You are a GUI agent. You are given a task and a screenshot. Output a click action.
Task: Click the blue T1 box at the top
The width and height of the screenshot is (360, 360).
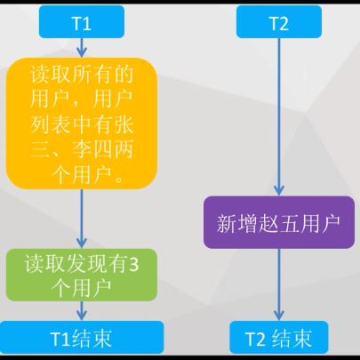coord(82,22)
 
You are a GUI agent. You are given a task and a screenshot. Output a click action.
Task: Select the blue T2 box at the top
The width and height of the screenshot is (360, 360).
coord(279,22)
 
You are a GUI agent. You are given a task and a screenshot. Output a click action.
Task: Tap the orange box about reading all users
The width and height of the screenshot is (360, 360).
coord(82,124)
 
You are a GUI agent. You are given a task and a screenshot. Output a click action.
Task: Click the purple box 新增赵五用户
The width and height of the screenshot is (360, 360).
coord(279,222)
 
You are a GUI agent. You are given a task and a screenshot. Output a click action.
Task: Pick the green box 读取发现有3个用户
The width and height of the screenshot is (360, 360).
coord(82,275)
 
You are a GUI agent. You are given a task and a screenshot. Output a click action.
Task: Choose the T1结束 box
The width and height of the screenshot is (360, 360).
coord(82,337)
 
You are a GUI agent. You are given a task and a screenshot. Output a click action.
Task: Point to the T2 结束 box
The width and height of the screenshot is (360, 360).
coord(279,337)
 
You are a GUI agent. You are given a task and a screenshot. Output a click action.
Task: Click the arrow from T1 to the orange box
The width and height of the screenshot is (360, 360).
coord(82,48)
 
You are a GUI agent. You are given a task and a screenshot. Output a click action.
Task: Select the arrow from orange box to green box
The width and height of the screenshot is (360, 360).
coord(82,219)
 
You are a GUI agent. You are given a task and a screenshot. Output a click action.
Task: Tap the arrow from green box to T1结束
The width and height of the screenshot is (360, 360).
coord(82,311)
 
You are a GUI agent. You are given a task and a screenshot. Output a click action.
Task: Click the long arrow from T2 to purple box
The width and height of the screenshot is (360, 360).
coord(279,117)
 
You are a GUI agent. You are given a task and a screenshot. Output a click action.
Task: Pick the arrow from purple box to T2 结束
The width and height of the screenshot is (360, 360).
coord(279,284)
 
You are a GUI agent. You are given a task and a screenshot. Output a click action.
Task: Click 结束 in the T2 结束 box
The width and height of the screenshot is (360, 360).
coord(292,338)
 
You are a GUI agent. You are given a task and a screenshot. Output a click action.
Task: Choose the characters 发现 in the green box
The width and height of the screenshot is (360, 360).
coord(82,264)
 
